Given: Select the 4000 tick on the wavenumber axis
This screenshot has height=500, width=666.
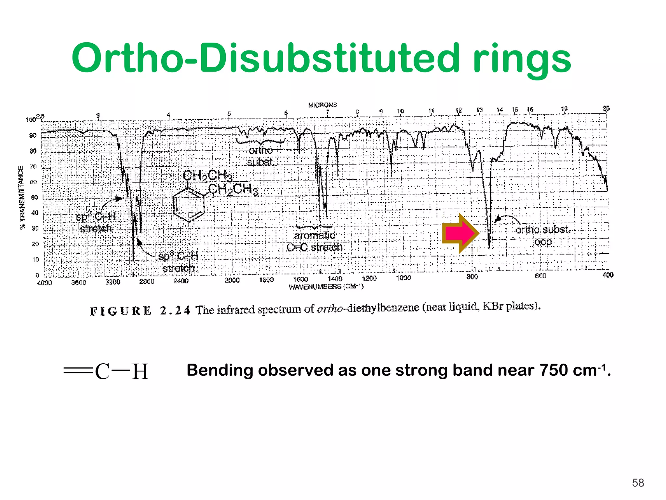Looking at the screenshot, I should point(44,283).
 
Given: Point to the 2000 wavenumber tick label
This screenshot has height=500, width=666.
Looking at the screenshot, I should point(232,280).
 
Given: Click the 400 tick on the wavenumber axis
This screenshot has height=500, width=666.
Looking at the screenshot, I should point(608,275).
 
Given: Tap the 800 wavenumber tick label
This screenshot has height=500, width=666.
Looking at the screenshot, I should point(472,277).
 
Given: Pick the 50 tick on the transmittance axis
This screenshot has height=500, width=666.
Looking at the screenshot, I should point(34,198).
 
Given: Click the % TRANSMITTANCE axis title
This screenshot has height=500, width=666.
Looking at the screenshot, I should point(22,197).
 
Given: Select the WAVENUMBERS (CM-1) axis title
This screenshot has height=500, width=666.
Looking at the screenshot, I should point(326,287).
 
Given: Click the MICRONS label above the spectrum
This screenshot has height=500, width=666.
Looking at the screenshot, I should point(322,105).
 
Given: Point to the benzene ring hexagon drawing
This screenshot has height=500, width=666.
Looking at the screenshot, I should point(189,205).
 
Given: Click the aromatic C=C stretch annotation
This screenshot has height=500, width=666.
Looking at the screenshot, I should point(314,241).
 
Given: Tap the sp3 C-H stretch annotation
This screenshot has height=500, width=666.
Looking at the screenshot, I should point(178,262).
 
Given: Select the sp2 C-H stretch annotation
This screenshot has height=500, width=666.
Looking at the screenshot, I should point(96,223).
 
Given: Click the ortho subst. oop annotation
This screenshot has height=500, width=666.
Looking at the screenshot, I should point(543,235).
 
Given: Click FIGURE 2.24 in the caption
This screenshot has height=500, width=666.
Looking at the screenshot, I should point(140,311).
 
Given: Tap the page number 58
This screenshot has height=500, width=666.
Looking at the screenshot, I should point(638,483).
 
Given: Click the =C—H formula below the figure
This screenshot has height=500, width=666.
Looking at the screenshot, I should point(106,371).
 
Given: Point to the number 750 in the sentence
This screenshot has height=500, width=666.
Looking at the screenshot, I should point(554,370).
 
